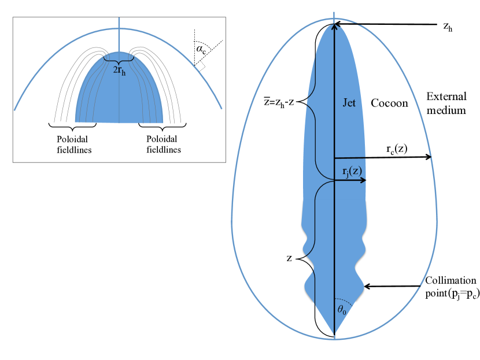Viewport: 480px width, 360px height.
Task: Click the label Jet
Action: tap(349, 103)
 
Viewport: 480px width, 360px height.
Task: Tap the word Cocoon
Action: tap(389, 103)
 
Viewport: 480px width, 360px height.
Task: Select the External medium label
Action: tap(446, 103)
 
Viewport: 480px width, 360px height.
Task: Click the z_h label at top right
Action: tap(448, 27)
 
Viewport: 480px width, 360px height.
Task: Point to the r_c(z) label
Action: tap(397, 149)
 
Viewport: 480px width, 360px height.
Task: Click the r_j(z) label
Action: tap(352, 171)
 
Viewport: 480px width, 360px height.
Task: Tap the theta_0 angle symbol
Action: tap(342, 310)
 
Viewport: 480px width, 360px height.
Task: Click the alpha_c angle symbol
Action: tap(201, 49)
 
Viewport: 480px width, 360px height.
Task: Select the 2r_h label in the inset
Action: tap(119, 70)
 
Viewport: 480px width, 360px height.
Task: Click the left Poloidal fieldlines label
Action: tap(74, 144)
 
